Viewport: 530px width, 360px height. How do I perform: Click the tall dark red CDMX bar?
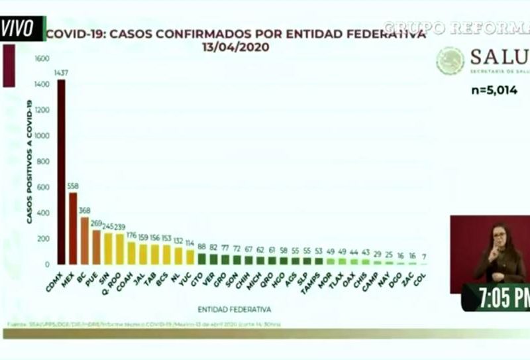click(x=61, y=172)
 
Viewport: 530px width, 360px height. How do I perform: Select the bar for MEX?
click(x=73, y=229)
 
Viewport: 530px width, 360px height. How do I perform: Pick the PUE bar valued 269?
click(x=97, y=247)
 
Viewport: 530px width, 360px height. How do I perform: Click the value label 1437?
click(x=61, y=74)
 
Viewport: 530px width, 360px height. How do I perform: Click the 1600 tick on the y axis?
click(x=42, y=59)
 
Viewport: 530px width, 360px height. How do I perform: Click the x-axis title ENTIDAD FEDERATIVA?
click(x=234, y=309)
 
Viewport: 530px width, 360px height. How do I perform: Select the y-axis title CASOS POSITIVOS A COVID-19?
click(x=30, y=161)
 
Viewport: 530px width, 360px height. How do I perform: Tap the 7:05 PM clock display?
click(x=496, y=298)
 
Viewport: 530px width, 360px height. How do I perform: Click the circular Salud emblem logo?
click(x=450, y=61)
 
